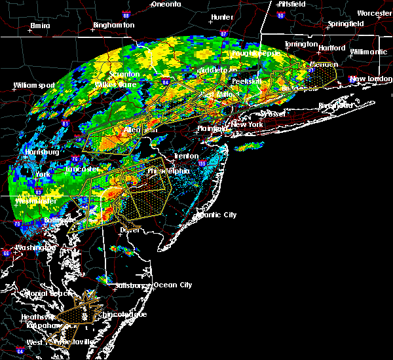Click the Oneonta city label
[166, 4]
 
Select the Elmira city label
[40, 27]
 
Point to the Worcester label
[374, 13]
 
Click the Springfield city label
[346, 24]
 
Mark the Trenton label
[187, 156]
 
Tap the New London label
[370, 79]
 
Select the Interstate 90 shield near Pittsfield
[280, 14]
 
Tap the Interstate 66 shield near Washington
[6, 253]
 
